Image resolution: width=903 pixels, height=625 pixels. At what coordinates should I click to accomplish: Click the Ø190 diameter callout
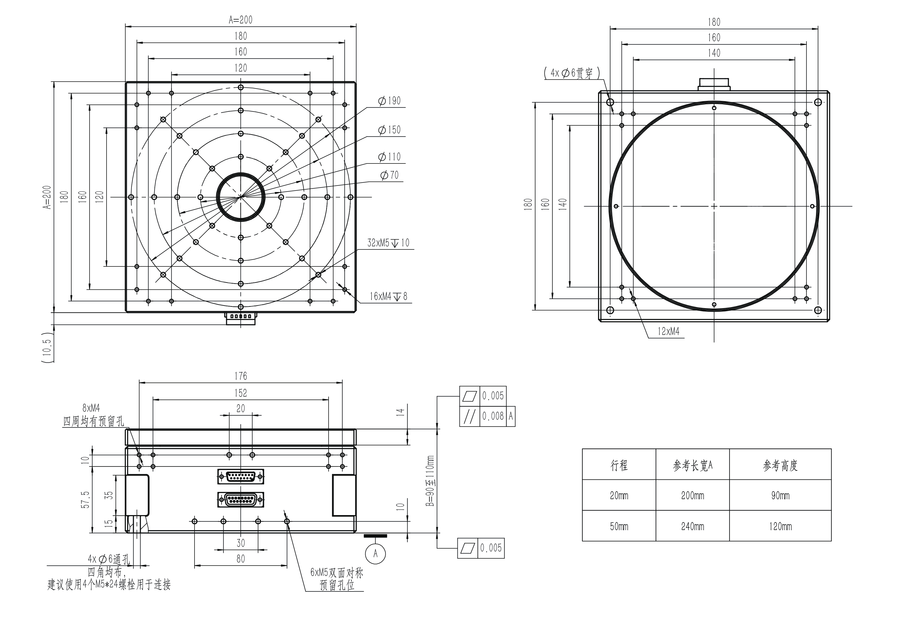click(389, 101)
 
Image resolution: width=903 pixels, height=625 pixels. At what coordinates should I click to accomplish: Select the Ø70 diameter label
click(389, 175)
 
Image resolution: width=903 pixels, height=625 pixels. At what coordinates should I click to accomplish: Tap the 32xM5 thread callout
click(388, 243)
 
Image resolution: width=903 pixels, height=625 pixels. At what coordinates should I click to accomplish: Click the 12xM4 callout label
click(669, 331)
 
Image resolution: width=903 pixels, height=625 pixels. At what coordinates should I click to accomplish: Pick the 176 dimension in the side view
click(241, 376)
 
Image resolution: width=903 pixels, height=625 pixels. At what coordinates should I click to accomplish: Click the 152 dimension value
click(241, 393)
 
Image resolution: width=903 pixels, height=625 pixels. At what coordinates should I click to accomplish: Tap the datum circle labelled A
click(375, 553)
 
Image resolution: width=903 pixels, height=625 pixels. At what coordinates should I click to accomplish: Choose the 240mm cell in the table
click(692, 526)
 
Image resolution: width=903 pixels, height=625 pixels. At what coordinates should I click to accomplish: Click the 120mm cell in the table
click(780, 526)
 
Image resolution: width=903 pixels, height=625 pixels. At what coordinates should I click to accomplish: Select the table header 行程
click(619, 465)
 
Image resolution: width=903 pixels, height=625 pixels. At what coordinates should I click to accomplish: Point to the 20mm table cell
click(619, 495)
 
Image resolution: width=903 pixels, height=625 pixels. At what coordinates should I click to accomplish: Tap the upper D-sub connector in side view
click(241, 476)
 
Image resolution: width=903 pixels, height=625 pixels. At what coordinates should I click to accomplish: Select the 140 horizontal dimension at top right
click(714, 53)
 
